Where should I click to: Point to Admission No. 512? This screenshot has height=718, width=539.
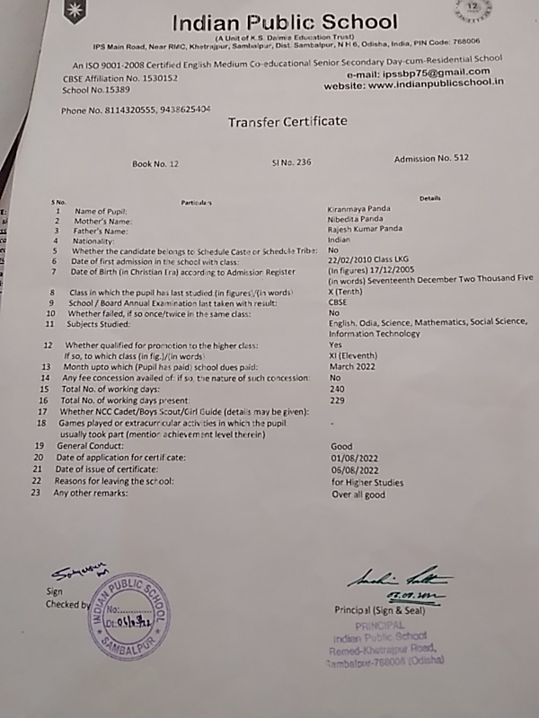click(431, 158)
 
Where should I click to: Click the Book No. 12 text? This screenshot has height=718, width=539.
click(155, 164)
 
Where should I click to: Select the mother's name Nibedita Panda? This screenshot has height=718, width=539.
click(356, 219)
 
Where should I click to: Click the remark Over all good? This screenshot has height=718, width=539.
click(358, 494)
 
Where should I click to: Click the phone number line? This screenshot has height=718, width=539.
click(136, 109)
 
